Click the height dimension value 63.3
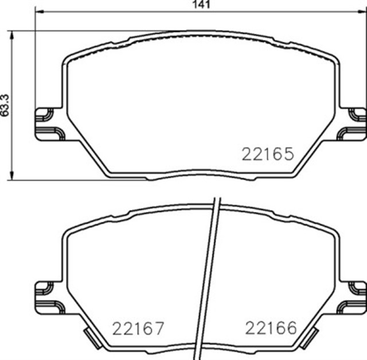(x=5, y=105)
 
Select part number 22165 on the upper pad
(x=268, y=154)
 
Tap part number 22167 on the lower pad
(x=138, y=328)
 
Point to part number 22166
(x=271, y=328)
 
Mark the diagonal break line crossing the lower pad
(x=208, y=276)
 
